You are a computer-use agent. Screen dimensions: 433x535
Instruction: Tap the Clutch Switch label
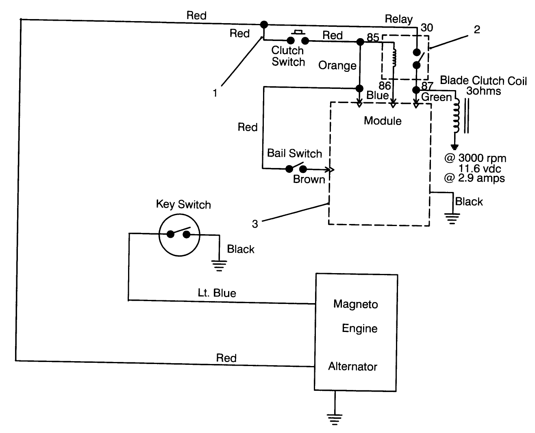point(288,56)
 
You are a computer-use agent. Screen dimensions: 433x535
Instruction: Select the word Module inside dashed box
point(383,121)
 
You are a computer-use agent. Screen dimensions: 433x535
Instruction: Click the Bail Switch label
point(294,153)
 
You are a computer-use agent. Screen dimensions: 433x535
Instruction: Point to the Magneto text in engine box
point(355,304)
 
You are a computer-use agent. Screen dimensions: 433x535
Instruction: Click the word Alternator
point(352,366)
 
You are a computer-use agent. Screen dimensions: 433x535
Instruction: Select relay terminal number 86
point(385,86)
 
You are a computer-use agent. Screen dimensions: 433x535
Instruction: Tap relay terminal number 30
point(427,28)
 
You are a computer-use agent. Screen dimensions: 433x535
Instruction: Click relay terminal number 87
point(427,86)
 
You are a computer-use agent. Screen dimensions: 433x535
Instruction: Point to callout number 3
point(254,224)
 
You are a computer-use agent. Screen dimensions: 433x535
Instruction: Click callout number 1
point(215,93)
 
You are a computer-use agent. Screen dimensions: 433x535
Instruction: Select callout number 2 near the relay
point(477,29)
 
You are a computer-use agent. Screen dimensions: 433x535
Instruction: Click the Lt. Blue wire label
point(217,293)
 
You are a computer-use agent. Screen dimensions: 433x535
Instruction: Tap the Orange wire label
point(337,65)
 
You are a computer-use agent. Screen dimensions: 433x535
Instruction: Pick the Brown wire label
point(309,179)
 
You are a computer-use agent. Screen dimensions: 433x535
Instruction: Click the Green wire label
point(436,97)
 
